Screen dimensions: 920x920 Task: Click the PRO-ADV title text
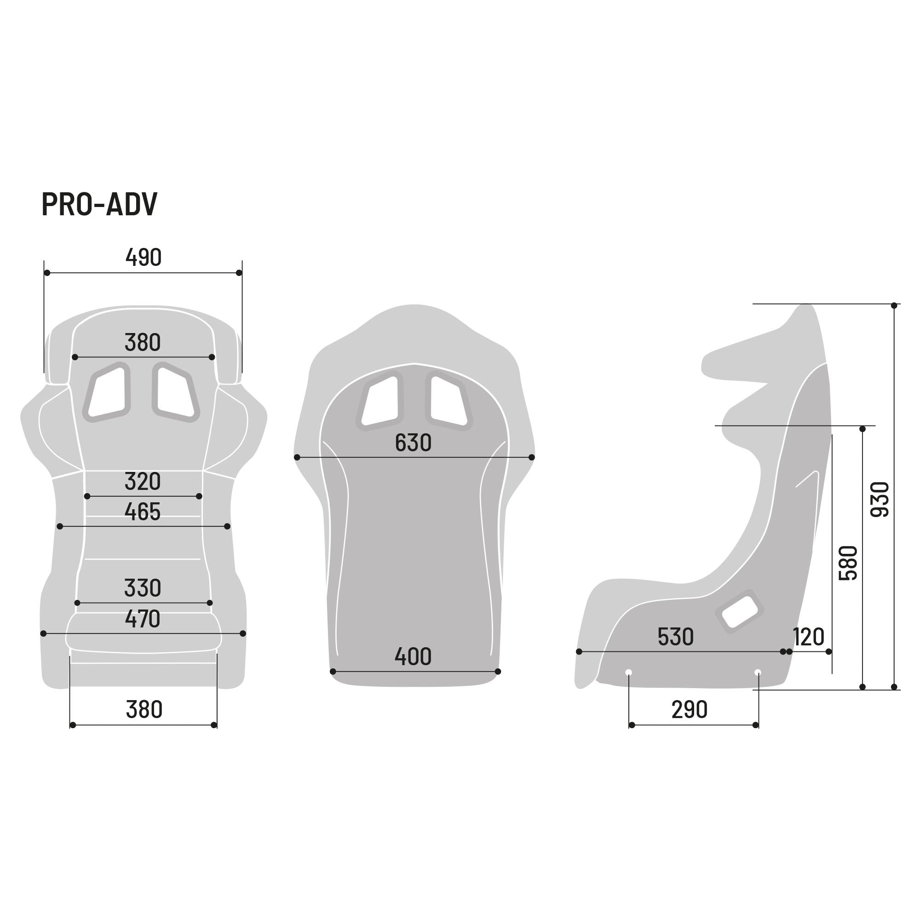pyautogui.click(x=99, y=204)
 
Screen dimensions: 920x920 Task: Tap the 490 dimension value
pyautogui.click(x=144, y=258)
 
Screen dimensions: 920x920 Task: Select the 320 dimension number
pyautogui.click(x=143, y=482)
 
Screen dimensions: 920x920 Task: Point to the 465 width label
pyautogui.click(x=143, y=512)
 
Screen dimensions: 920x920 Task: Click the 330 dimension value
pyautogui.click(x=143, y=588)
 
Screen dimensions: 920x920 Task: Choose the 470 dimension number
pyautogui.click(x=143, y=619)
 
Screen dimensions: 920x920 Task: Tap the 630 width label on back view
pyautogui.click(x=413, y=443)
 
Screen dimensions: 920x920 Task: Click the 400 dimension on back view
pyautogui.click(x=413, y=657)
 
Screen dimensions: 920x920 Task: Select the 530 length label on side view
pyautogui.click(x=675, y=637)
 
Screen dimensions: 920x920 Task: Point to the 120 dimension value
pyautogui.click(x=809, y=637)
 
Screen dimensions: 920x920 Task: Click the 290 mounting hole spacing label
pyautogui.click(x=689, y=710)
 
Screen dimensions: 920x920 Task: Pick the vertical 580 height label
pyautogui.click(x=848, y=563)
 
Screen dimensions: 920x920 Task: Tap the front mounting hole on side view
pyautogui.click(x=628, y=673)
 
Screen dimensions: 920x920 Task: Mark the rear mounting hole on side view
pyautogui.click(x=758, y=673)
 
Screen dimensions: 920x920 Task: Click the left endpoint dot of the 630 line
pyautogui.click(x=297, y=457)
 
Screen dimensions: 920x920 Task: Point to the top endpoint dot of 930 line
pyautogui.click(x=894, y=305)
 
